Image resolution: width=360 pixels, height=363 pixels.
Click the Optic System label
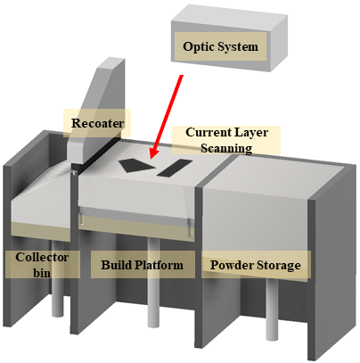[220, 46]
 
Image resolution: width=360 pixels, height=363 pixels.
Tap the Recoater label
[97, 123]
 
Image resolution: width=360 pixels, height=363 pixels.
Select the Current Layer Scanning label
[226, 140]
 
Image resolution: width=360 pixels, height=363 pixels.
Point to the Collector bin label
[42, 265]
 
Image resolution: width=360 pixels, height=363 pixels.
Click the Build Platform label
[142, 265]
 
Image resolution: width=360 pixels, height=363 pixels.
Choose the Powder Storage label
[256, 265]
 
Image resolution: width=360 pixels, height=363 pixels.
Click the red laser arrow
[166, 117]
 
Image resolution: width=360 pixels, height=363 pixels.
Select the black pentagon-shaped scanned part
[136, 165]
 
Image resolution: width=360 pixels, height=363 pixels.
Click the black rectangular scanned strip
[175, 168]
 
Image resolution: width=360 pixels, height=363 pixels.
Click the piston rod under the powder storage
[272, 309]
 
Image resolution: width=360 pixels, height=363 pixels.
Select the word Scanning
[226, 148]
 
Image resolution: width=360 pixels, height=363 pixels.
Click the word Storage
[279, 265]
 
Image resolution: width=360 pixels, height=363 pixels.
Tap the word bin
[42, 273]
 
